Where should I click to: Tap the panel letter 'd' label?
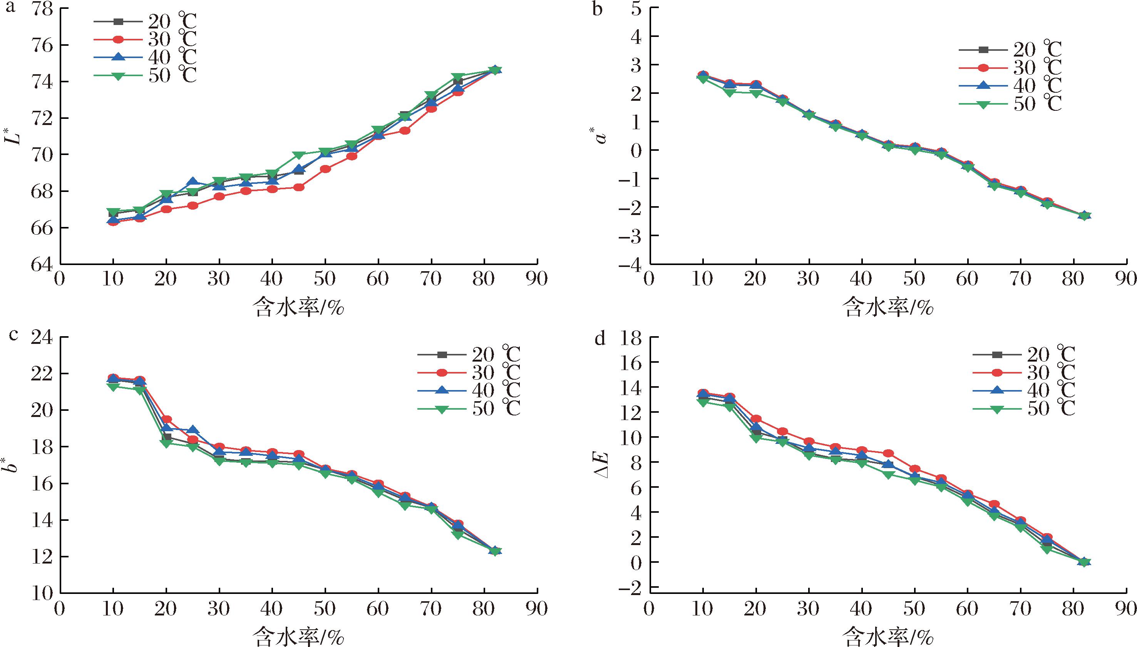600,339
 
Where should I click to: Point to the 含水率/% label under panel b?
888,307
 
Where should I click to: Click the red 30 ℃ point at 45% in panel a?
299,187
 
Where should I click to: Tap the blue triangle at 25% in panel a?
193,182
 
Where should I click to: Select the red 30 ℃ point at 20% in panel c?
167,419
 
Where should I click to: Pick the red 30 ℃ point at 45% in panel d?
888,453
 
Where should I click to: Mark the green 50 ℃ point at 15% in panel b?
729,92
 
